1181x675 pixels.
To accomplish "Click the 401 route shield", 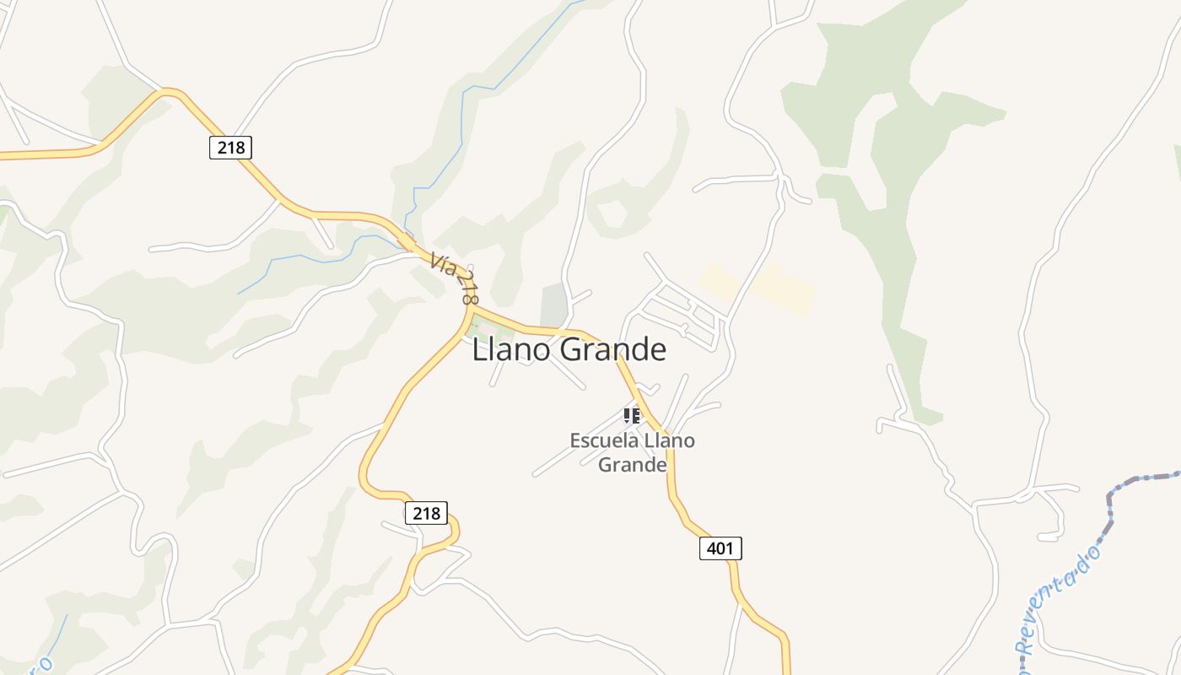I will tap(720, 548).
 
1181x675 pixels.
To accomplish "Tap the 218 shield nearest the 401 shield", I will tap(426, 512).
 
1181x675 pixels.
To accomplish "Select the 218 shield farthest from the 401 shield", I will tap(230, 148).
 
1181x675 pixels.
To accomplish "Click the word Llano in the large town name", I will tap(511, 349).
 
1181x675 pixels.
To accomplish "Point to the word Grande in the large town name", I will tap(613, 349).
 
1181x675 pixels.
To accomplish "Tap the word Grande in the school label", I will tap(633, 464).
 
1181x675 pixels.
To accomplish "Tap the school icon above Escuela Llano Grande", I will tap(632, 415).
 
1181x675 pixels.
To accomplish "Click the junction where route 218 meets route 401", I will tap(469, 310).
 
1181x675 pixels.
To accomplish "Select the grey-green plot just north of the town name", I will tap(554, 303).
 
